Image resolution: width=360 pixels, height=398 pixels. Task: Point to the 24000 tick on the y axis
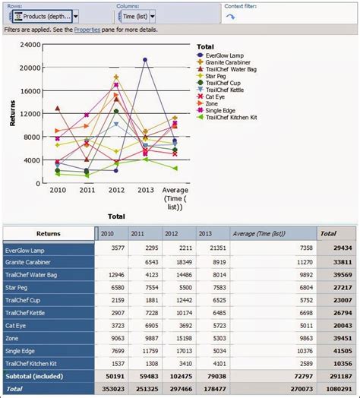30,44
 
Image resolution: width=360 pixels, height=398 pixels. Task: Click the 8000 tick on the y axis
32,137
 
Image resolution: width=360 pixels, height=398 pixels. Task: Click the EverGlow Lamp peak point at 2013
144,60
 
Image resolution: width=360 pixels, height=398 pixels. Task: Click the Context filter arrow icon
231,16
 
